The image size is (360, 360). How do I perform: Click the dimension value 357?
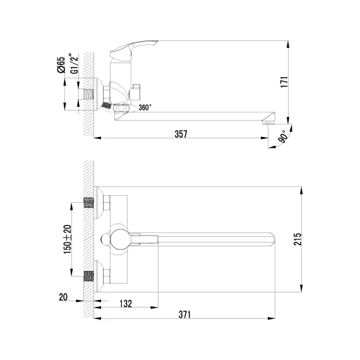pos(181,134)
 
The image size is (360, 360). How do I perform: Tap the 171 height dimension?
pos(284,82)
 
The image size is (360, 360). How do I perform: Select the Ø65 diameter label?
pos(61,65)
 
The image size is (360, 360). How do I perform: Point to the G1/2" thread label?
pos(75,64)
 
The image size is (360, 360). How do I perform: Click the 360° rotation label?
pos(145,107)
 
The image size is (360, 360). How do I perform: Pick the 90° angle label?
pos(283,136)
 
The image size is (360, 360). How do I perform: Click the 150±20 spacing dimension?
pos(68,239)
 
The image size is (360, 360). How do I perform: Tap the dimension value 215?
pos(297,239)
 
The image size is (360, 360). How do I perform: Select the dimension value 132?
pos(126,304)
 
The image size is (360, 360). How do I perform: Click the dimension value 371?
pos(185,315)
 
